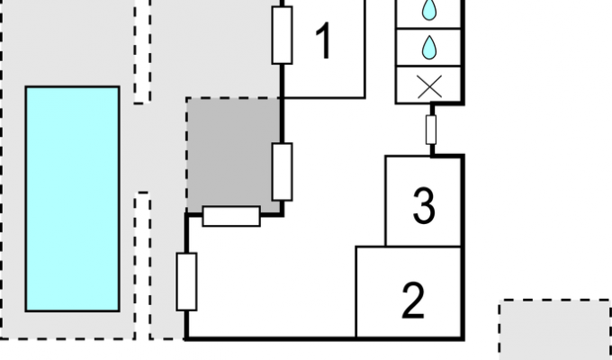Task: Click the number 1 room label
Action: point(324,40)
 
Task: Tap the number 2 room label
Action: point(413,300)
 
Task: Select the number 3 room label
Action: point(424,206)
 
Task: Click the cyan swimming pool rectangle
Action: point(72,199)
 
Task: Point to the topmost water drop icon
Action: point(429,9)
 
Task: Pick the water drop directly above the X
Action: point(429,47)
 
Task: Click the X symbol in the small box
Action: point(429,86)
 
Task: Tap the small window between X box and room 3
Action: point(431,130)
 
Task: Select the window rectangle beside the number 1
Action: point(283,35)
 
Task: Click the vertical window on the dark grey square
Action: point(283,172)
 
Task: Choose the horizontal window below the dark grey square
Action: point(231,216)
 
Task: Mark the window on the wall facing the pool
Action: point(186,282)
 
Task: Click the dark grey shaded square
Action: point(233,156)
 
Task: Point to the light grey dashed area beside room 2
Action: point(555,329)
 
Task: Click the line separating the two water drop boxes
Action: point(428,28)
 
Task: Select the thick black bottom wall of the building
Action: point(325,338)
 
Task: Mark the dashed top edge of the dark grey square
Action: point(233,98)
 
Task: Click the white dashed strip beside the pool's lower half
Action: point(142,265)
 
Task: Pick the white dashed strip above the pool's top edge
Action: point(142,51)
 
